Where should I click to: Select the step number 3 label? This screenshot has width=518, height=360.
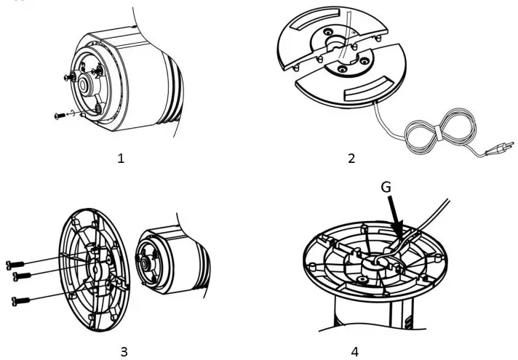[123, 352]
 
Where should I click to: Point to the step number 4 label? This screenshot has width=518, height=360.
[354, 352]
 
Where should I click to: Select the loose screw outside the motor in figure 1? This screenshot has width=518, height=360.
[59, 115]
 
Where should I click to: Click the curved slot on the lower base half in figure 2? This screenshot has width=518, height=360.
[372, 90]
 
